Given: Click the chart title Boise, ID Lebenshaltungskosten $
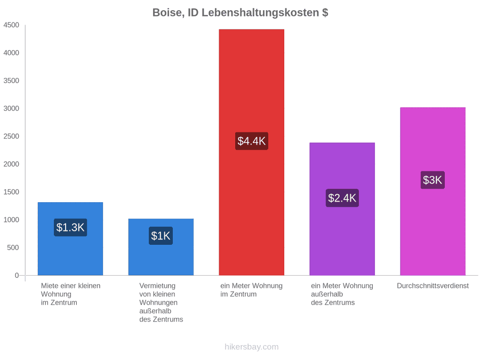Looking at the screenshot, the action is coord(241,13).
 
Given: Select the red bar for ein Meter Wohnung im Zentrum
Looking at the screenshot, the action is coord(251,152).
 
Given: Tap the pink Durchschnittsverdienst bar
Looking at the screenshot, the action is coord(433,191).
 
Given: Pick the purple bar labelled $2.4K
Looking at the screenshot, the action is coord(342,209).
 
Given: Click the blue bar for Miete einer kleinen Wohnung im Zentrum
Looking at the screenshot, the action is coord(70,239).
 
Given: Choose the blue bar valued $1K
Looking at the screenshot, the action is coord(161,247).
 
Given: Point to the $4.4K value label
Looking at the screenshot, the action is coord(252,141).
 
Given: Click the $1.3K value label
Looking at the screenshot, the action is coord(70,227).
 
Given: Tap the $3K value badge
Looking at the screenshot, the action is coord(433,180).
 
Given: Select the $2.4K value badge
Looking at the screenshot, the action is coord(342,198).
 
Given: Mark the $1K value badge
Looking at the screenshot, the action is coord(161,236).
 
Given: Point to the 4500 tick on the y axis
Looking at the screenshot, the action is coord(11,25).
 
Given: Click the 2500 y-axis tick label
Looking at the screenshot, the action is coord(11,136).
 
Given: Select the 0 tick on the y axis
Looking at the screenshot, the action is coord(17,275).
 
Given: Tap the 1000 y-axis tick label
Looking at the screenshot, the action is coord(11,220).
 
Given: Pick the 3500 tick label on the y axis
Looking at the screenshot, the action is coord(11,81).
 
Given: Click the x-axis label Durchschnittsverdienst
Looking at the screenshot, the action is coord(433,286).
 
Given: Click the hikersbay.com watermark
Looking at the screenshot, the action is coord(252,347).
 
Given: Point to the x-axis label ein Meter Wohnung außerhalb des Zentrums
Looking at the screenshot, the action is coord(342,294).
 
